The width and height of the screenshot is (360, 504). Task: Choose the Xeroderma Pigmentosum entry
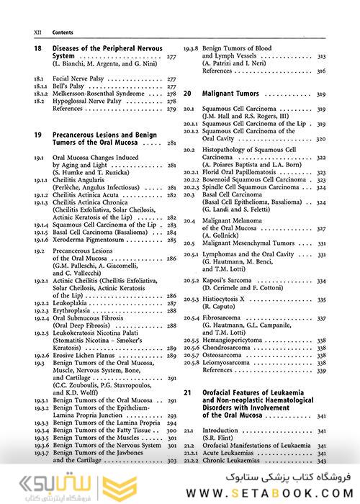93,240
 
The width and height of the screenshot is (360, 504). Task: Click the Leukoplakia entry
71,305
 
